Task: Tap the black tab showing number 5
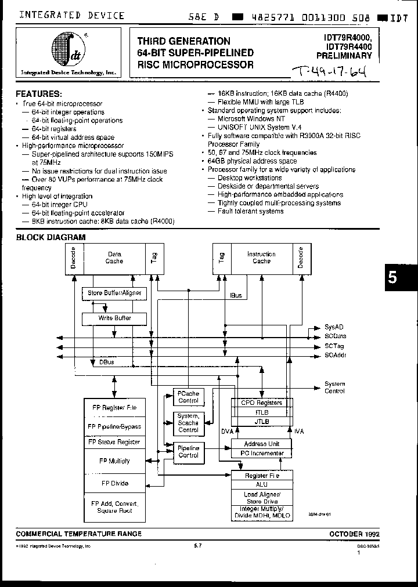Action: tap(392, 278)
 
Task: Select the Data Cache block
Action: tap(114, 258)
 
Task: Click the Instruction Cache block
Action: tap(261, 258)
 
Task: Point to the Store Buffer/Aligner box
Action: tap(114, 293)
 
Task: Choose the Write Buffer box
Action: tap(114, 318)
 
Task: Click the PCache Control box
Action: tap(188, 397)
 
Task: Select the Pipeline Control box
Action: tap(188, 452)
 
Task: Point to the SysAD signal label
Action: tap(334, 328)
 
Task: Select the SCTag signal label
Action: tap(334, 346)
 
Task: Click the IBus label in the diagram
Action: tap(236, 296)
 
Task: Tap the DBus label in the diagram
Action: tap(106, 362)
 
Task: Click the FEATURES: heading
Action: tap(39, 93)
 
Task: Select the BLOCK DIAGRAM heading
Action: tap(51, 237)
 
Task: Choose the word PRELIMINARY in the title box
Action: tap(344, 56)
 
